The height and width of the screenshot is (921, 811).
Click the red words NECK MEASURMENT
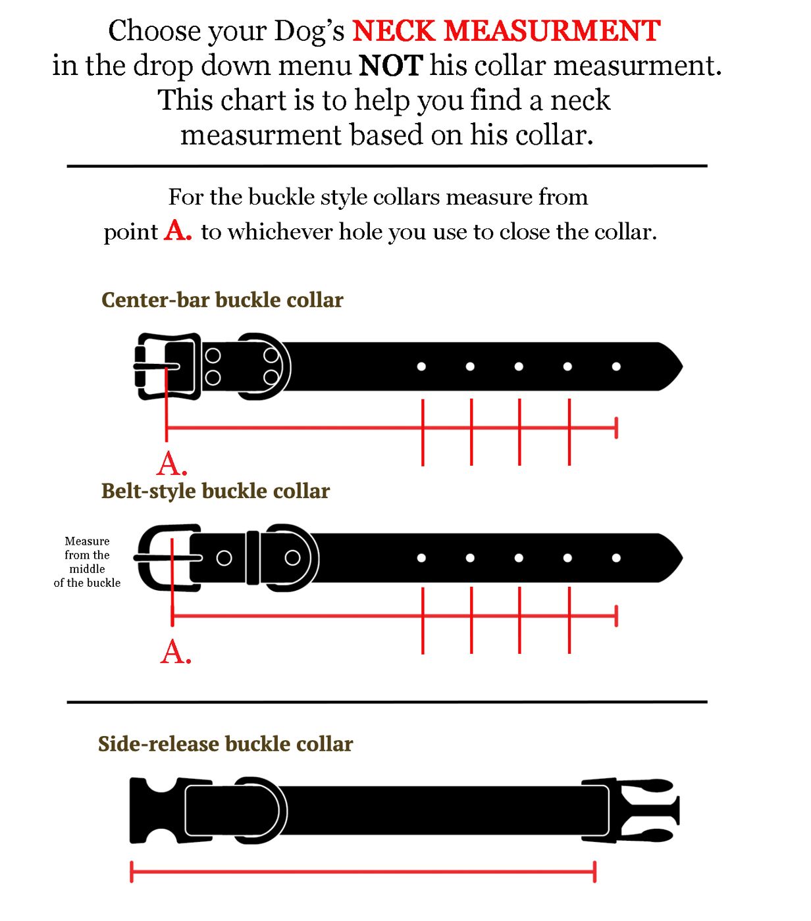point(506,31)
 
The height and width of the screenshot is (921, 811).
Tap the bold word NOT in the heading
point(391,66)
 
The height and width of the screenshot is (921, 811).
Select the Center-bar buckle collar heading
point(222,300)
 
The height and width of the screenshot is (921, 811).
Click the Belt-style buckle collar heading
point(215,491)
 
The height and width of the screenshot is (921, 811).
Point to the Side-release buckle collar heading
point(225,744)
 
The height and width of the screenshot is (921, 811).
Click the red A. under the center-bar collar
point(171,464)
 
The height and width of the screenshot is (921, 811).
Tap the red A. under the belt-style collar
point(176,653)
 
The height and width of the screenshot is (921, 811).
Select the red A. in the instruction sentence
point(178,231)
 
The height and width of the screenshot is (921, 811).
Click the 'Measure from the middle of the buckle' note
point(87,561)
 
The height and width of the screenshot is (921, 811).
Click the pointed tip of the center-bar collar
point(682,366)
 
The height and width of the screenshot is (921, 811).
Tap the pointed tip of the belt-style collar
point(682,558)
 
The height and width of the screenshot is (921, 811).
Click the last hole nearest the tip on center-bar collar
point(616,366)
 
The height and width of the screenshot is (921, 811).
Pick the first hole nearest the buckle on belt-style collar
point(421,558)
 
